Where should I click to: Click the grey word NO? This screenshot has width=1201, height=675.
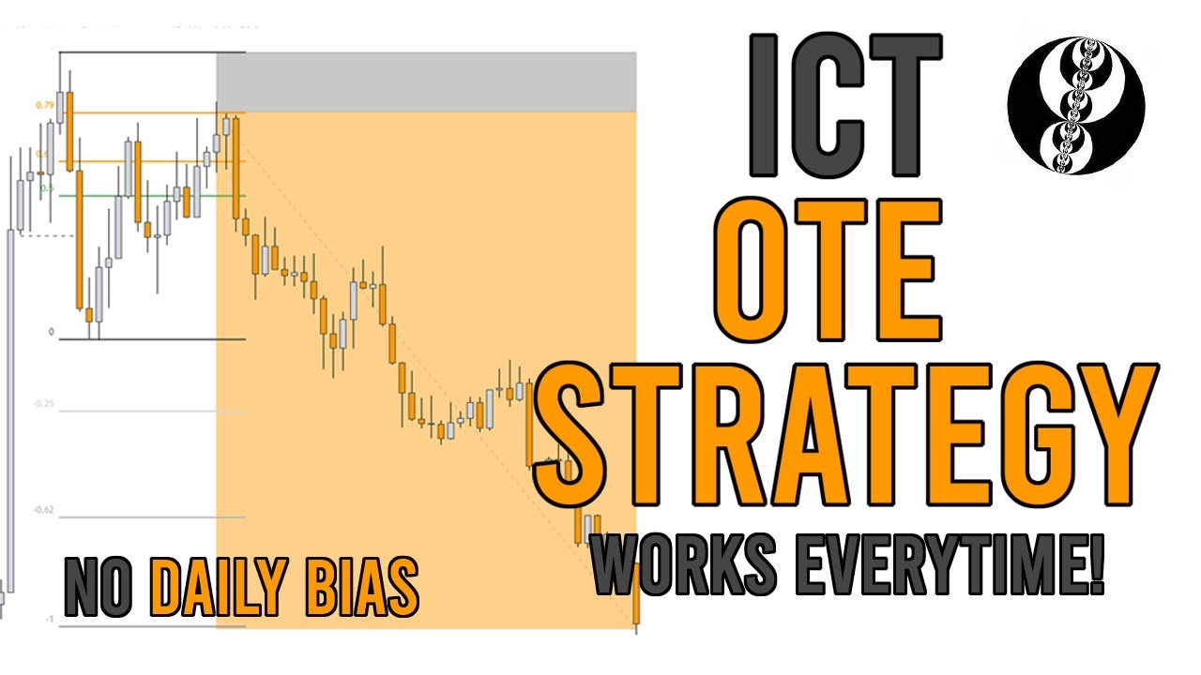click(x=102, y=588)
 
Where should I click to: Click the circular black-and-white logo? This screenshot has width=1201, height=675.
click(x=1075, y=105)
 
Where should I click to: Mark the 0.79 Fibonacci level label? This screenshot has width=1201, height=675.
click(x=44, y=105)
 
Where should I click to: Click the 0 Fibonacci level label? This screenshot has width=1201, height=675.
click(x=52, y=333)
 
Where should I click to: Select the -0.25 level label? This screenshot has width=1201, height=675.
click(x=44, y=404)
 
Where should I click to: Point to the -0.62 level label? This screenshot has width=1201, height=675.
click(x=44, y=511)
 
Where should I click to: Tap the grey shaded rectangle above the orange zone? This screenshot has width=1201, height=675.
click(x=426, y=82)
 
